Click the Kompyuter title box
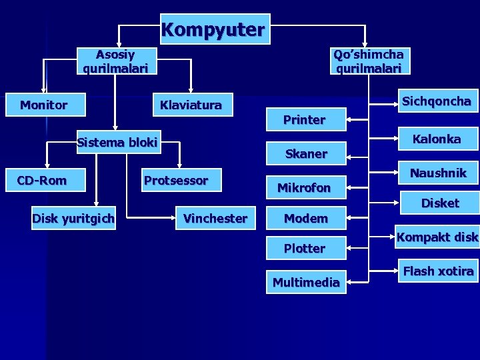tap(214, 30)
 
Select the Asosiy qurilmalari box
tap(115, 61)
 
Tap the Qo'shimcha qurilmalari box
tap(369, 61)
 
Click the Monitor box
tap(44, 105)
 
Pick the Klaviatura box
tap(191, 105)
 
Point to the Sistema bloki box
tap(117, 142)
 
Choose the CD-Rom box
tap(42, 179)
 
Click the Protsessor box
tap(176, 180)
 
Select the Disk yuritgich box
tap(73, 217)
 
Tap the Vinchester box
tap(215, 218)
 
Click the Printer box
tap(305, 120)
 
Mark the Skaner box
tap(306, 154)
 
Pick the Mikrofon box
tap(304, 188)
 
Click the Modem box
tap(306, 218)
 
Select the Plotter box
tap(305, 248)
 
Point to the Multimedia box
tap(306, 282)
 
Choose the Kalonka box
tap(437, 139)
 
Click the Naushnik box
tap(438, 173)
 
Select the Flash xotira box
tap(438, 271)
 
